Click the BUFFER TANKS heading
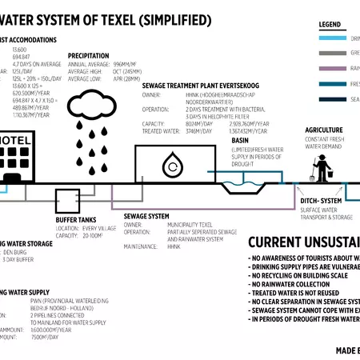coord(78,219)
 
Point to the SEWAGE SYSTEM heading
coord(146,216)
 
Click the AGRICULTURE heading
coord(324,130)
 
